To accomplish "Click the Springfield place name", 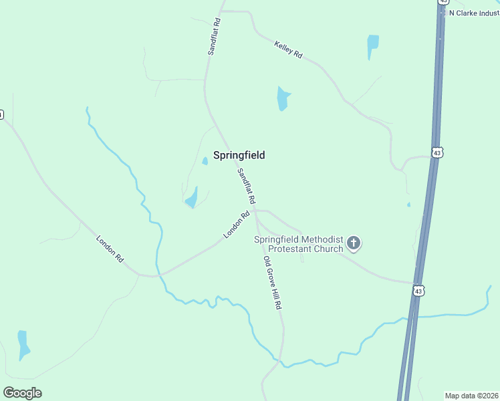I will click(239, 155).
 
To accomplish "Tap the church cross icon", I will click(354, 243).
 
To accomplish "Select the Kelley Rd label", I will click(288, 49).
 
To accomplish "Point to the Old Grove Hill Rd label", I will click(271, 283).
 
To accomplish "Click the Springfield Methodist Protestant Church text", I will click(298, 244).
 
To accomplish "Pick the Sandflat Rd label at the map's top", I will click(215, 36).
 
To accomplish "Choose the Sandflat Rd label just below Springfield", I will click(246, 186).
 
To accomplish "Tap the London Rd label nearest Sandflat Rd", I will click(237, 224).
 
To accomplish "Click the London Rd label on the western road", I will click(110, 248).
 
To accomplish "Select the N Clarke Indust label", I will click(474, 13).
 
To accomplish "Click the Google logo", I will click(22, 393).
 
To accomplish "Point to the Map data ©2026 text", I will click(471, 395).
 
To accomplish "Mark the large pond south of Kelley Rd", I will click(283, 98).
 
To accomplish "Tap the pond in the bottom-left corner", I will click(23, 344).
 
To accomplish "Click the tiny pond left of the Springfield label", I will click(205, 161).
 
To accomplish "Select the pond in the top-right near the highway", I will click(372, 47).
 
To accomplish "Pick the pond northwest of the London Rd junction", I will click(192, 198).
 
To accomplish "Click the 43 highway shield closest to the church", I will click(418, 291).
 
